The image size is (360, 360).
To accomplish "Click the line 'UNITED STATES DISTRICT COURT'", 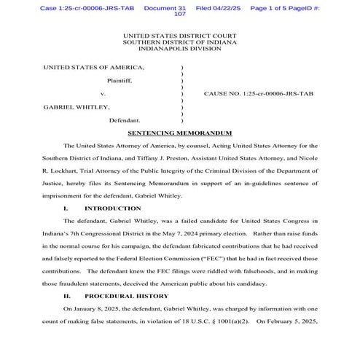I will (179, 35).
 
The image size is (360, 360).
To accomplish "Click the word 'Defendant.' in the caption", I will (128, 120).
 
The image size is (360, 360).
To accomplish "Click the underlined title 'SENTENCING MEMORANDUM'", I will (179, 133).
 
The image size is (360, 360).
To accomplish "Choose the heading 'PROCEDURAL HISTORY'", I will (126, 296).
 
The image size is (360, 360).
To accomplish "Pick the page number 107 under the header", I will (180, 14).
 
